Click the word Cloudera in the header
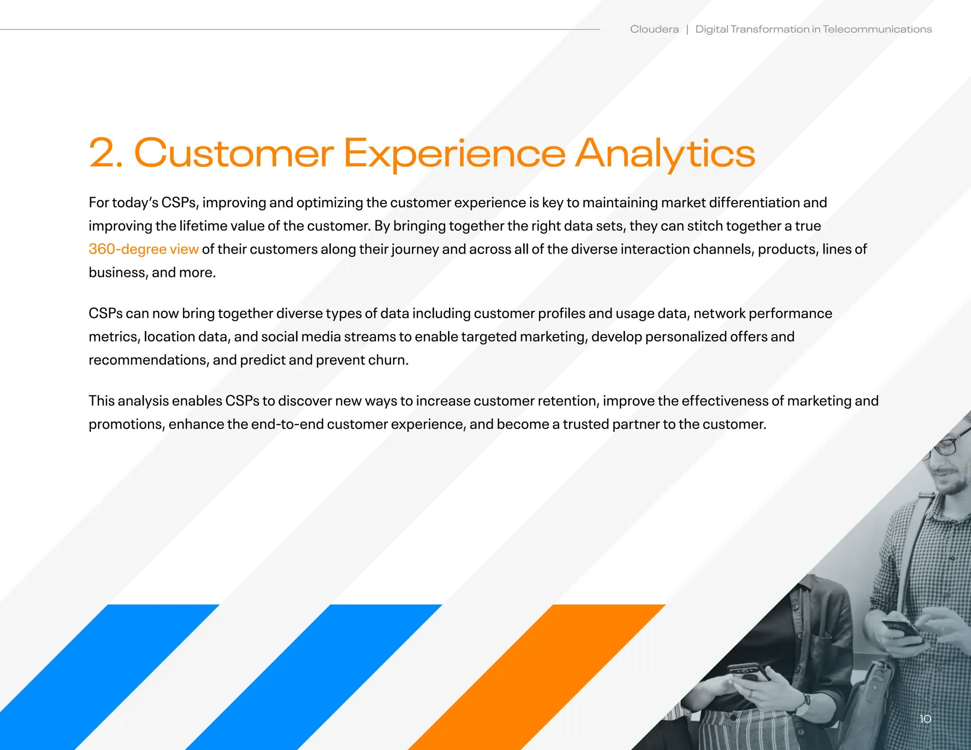pyautogui.click(x=654, y=29)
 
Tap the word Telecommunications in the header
pyautogui.click(x=877, y=29)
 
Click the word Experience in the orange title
pyautogui.click(x=454, y=154)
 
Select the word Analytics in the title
pyautogui.click(x=665, y=154)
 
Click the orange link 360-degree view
pyautogui.click(x=143, y=249)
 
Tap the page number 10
pyautogui.click(x=925, y=719)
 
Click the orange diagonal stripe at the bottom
pyautogui.click(x=536, y=678)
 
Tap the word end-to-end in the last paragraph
pyautogui.click(x=287, y=424)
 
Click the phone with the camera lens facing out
pyautogui.click(x=749, y=671)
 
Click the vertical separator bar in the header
pyautogui.click(x=687, y=30)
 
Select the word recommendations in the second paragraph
pyautogui.click(x=148, y=360)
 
